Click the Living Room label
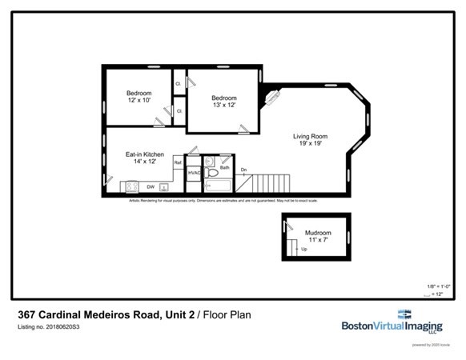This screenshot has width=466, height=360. tap(308, 135)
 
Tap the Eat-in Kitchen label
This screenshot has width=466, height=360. tap(145, 154)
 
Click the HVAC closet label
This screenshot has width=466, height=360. tap(193, 173)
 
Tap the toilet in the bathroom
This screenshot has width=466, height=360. tap(213, 173)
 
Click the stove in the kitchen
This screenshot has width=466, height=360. tap(131, 187)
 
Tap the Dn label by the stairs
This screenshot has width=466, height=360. tap(243, 169)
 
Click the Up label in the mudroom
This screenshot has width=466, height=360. tap(303, 249)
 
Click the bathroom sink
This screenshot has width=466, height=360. tap(210, 162)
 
